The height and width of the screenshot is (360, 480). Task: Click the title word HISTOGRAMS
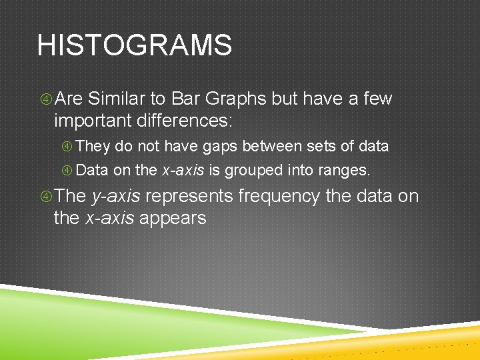[x=135, y=46]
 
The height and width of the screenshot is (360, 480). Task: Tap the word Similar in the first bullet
[x=117, y=99]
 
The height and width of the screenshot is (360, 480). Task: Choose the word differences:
[x=187, y=121]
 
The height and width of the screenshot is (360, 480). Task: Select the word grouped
[x=254, y=171]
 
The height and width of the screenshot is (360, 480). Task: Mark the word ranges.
[x=344, y=171]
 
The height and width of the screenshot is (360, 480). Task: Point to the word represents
[x=189, y=197]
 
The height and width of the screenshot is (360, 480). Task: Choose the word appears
[x=173, y=218]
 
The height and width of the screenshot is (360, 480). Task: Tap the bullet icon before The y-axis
[x=44, y=197]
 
